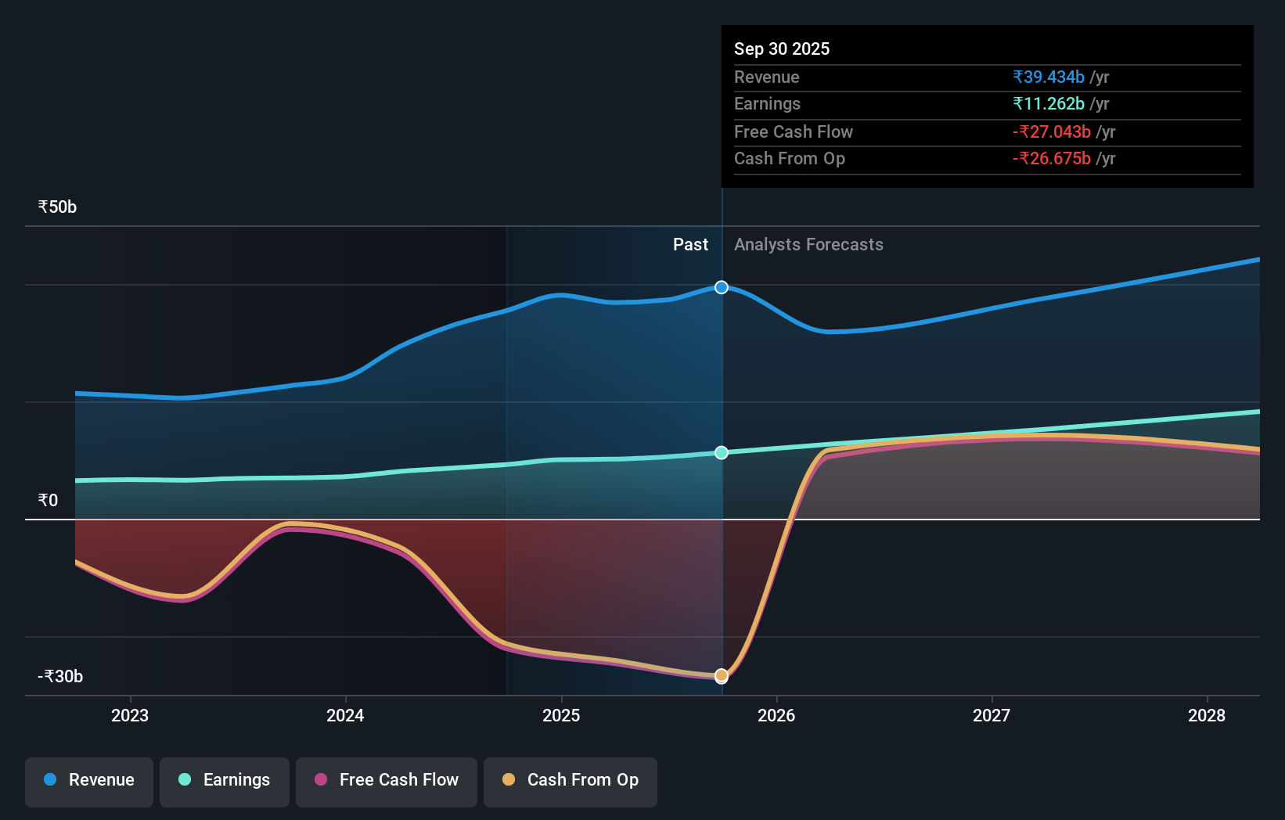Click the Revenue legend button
click(x=89, y=780)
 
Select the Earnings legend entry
click(x=225, y=780)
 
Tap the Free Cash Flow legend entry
click(x=387, y=780)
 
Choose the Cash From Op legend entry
click(x=571, y=780)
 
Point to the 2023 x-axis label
click(x=130, y=715)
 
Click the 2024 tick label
click(x=345, y=715)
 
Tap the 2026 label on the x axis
click(x=776, y=715)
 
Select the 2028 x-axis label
click(x=1207, y=715)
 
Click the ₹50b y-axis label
click(x=57, y=207)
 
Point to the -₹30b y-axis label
click(x=60, y=676)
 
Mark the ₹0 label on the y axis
click(x=48, y=501)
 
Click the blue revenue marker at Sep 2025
click(x=722, y=287)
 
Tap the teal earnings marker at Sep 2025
click(x=722, y=452)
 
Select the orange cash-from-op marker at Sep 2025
click(x=722, y=674)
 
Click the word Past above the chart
click(x=690, y=245)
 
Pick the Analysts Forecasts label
click(x=808, y=245)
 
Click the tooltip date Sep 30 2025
click(x=782, y=49)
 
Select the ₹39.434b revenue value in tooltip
click(x=1049, y=77)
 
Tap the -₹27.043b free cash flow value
click(x=1052, y=131)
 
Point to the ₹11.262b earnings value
click(x=1049, y=104)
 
